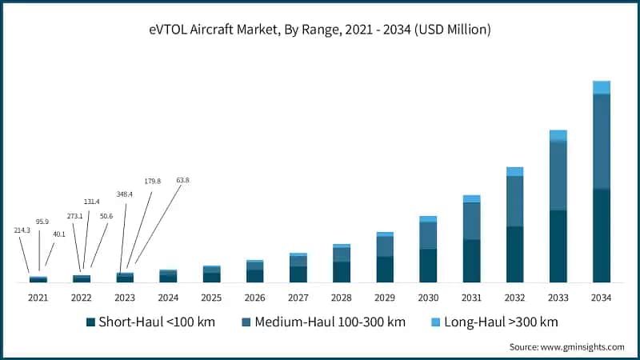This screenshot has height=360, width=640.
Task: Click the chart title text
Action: pyautogui.click(x=320, y=30)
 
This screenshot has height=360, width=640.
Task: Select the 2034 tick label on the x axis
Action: pyautogui.click(x=601, y=298)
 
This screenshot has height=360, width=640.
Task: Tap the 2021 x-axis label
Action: pyautogui.click(x=38, y=298)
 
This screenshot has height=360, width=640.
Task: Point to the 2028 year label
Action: pyautogui.click(x=341, y=298)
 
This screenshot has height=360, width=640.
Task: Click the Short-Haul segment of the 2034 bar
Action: pyautogui.click(x=601, y=235)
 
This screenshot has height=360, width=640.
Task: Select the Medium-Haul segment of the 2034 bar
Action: pyautogui.click(x=601, y=141)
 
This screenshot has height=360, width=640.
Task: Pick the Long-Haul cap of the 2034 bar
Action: pyautogui.click(x=601, y=87)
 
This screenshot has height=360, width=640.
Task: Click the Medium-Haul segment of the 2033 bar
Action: pyautogui.click(x=558, y=175)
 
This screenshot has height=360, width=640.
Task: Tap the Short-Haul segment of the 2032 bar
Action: pyautogui.click(x=514, y=254)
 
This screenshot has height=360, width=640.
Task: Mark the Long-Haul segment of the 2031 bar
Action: pyautogui.click(x=471, y=198)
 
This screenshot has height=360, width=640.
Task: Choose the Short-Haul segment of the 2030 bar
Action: pyautogui.click(x=428, y=266)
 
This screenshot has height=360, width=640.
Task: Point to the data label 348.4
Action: pyautogui.click(x=124, y=194)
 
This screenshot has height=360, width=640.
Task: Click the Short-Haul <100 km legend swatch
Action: pyautogui.click(x=90, y=322)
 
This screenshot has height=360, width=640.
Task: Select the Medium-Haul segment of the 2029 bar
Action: pyautogui.click(x=385, y=246)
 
